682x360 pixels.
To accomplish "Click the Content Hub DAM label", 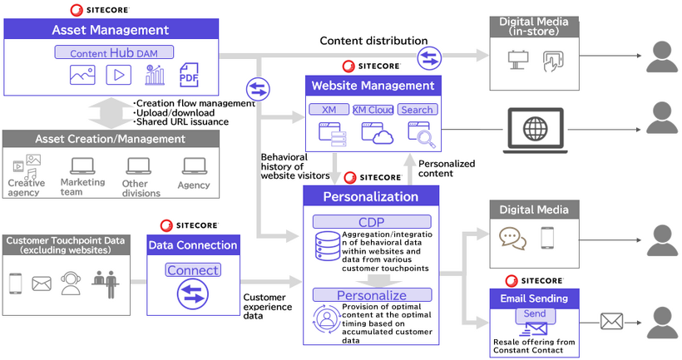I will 115,52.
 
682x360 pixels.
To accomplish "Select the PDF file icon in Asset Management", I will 190,76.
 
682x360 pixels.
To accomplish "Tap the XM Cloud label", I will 373,110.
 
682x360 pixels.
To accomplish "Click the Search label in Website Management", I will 417,110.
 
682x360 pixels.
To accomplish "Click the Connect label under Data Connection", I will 193,270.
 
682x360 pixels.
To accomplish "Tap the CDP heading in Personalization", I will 372,221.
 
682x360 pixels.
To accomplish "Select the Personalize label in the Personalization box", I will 372,295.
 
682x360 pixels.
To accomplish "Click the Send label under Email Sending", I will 535,315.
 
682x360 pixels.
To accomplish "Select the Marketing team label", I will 82,187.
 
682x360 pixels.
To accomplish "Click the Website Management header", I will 372,85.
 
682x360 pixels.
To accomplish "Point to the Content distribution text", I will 373,41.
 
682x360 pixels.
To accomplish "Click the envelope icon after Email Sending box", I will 612,320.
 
